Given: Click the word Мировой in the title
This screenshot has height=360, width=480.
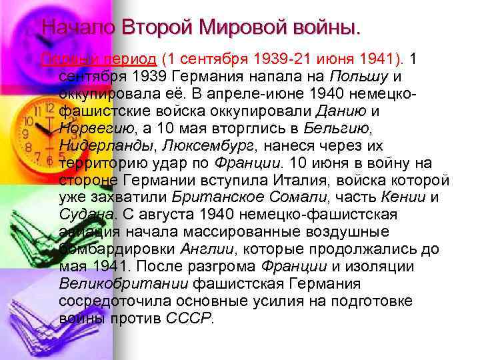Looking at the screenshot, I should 243,27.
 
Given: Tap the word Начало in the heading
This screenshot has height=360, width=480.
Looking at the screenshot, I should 79,27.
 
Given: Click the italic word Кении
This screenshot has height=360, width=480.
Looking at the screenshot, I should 404,197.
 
